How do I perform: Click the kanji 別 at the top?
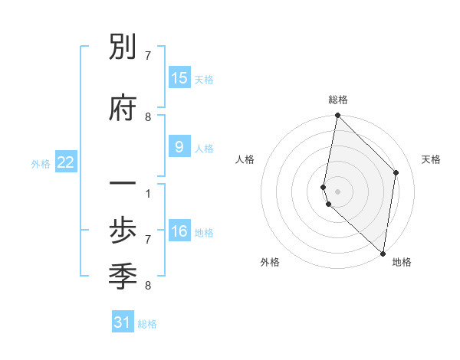(123, 50)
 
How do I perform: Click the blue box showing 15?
(179, 78)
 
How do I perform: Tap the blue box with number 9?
(179, 147)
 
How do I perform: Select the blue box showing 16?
(179, 231)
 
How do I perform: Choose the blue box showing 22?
(66, 162)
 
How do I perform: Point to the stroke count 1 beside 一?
(147, 194)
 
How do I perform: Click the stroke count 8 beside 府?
(147, 117)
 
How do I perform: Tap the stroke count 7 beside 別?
(147, 56)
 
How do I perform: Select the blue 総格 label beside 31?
(147, 324)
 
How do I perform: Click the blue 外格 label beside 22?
(41, 163)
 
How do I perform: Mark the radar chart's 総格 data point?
(337, 116)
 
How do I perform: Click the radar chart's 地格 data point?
(383, 253)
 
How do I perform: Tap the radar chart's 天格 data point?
(396, 172)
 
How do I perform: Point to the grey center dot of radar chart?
(337, 191)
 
